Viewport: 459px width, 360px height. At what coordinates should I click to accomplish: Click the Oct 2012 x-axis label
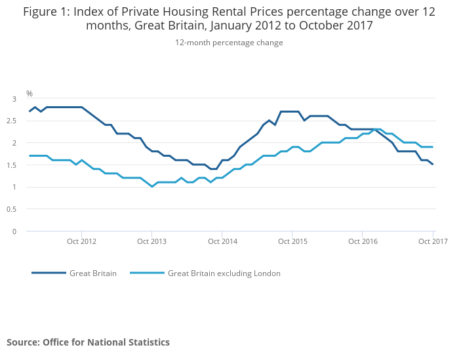pos(81,242)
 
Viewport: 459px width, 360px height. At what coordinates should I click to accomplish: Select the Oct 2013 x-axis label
pos(151,242)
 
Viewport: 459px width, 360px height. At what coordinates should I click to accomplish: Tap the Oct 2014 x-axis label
pos(222,242)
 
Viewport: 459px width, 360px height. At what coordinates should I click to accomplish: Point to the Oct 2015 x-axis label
pos(292,242)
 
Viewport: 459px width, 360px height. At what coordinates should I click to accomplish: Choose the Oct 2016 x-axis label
pos(363,242)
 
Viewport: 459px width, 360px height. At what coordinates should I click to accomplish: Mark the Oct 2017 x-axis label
pos(433,242)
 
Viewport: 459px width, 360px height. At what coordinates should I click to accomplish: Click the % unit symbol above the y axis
pos(30,94)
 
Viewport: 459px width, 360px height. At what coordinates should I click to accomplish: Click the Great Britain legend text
pos(93,273)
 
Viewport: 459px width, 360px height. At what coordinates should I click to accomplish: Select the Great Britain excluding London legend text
pos(224,273)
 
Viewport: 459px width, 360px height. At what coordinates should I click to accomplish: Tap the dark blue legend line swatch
pos(49,273)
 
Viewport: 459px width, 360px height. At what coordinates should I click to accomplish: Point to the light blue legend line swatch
pos(147,273)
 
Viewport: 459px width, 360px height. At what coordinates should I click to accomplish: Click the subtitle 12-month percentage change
pos(229,43)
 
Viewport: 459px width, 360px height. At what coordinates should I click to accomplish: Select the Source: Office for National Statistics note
pos(88,342)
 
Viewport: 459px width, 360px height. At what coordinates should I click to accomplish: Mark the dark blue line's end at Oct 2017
pos(433,165)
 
